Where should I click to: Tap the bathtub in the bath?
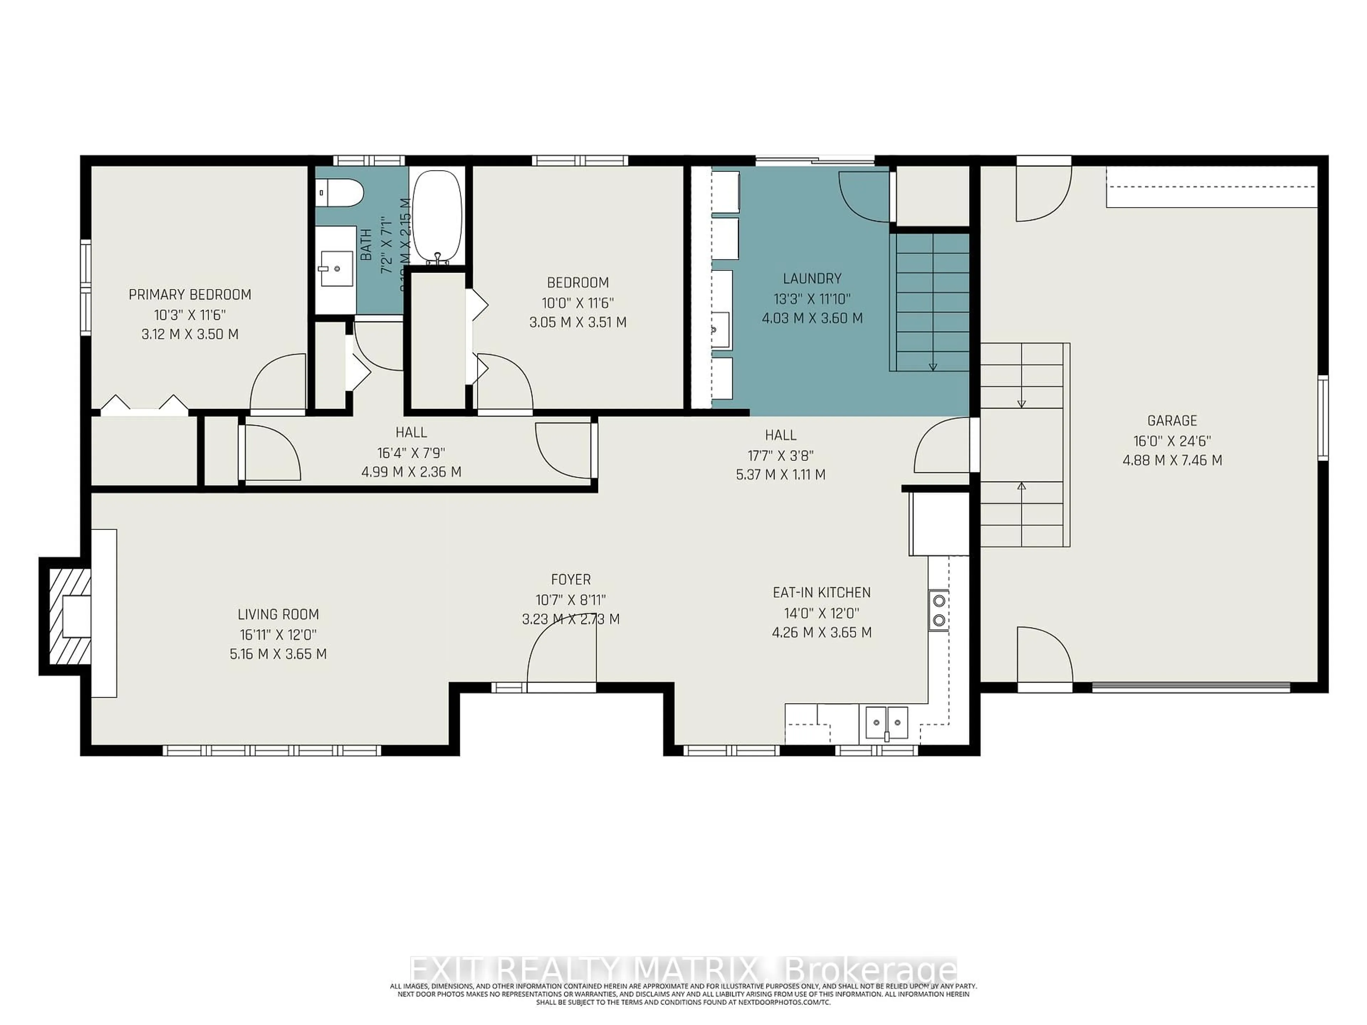point(436,216)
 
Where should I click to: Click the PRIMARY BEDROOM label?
point(190,295)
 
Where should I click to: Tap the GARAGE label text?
point(1172,421)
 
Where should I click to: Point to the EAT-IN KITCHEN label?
point(821,593)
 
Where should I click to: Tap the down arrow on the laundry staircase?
point(933,366)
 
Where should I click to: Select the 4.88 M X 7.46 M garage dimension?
point(1172,460)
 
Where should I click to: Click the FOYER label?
point(570,579)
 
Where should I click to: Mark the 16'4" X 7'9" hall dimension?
point(411,453)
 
